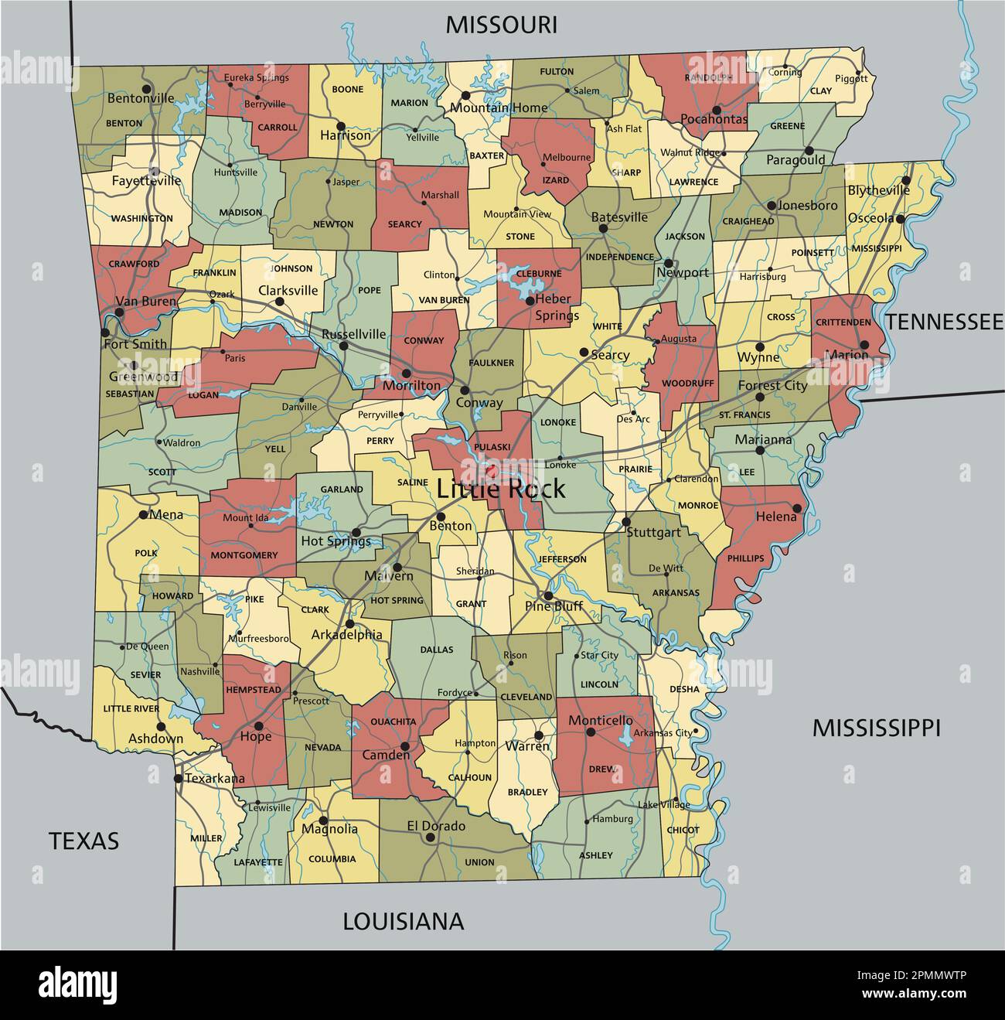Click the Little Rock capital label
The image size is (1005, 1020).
coord(500,489)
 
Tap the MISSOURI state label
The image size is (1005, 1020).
coord(501,25)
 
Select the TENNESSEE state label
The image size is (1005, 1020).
coord(944,322)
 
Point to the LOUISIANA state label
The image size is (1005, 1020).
coord(403,921)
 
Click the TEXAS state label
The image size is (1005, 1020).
coord(84,841)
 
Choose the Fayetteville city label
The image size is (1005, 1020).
coord(146,181)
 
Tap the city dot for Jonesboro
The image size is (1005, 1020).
coord(771,206)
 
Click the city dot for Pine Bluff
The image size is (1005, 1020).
coord(547,595)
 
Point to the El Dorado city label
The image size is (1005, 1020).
coord(436,826)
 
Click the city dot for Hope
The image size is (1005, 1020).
coord(259,725)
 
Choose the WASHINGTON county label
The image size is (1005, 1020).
coord(141,218)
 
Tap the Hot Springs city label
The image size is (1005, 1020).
coord(336,541)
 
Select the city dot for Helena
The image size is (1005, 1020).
coord(796,508)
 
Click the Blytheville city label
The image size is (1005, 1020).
coord(878,190)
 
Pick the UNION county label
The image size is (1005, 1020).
coord(479,862)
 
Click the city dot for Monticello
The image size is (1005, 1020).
coord(588,732)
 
